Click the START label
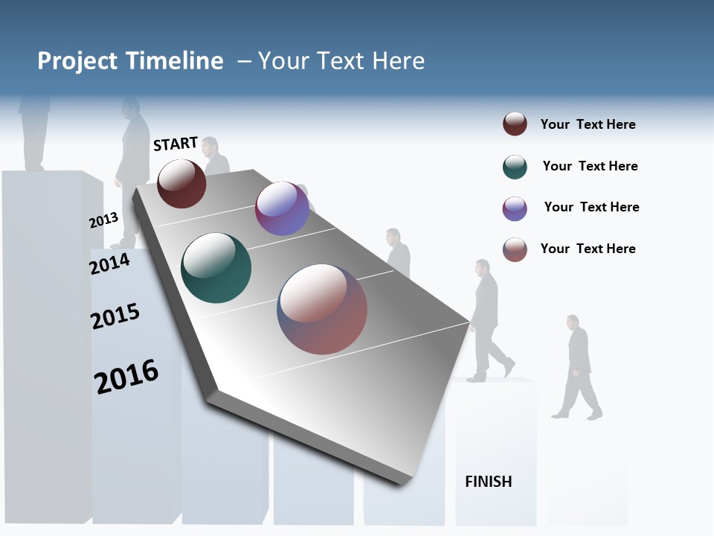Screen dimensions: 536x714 pos(176,144)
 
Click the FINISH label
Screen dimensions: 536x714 pos(489,482)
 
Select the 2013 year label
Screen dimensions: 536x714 pos(103,220)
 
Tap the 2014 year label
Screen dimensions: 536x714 pos(110,263)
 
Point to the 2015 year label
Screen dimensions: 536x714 pos(115,316)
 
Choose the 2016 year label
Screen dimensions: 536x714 pos(126,377)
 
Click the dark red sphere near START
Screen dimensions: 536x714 pos(181,184)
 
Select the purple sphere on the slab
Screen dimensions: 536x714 pos(282,208)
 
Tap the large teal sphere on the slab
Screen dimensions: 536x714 pos(216,268)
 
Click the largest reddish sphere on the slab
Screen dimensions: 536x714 pos(322,309)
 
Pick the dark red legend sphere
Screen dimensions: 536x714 pos(515,124)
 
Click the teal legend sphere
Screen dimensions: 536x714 pos(515,167)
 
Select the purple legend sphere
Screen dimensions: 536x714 pos(515,208)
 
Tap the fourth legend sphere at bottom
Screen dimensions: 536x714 pos(515,249)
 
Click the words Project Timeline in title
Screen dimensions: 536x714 pos(130,61)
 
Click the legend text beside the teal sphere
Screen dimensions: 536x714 pos(590,166)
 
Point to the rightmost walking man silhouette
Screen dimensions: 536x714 pos(578,367)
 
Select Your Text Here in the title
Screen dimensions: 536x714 pos(341,61)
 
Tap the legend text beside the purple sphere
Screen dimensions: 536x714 pos(591,207)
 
